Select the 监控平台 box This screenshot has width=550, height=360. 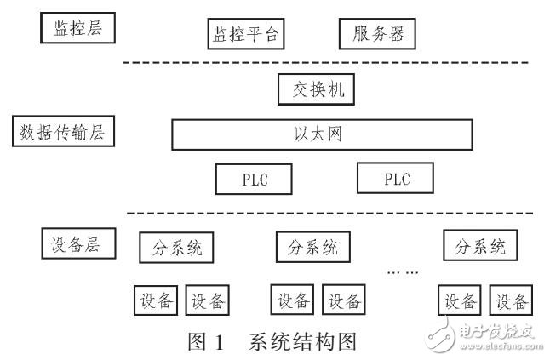pyautogui.click(x=245, y=35)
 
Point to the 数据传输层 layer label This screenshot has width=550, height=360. pyautogui.click(x=65, y=132)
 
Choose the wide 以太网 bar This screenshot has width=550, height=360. pyautogui.click(x=323, y=133)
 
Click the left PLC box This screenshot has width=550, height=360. pyautogui.click(x=255, y=179)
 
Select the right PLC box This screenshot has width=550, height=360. pyautogui.click(x=395, y=179)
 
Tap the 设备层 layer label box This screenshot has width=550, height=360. pyautogui.click(x=77, y=243)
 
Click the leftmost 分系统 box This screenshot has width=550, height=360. pyautogui.click(x=176, y=248)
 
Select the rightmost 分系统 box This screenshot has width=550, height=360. pyautogui.click(x=480, y=247)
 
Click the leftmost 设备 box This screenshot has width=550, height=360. pyautogui.click(x=157, y=300)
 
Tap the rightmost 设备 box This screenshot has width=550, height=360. pyautogui.click(x=513, y=300)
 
